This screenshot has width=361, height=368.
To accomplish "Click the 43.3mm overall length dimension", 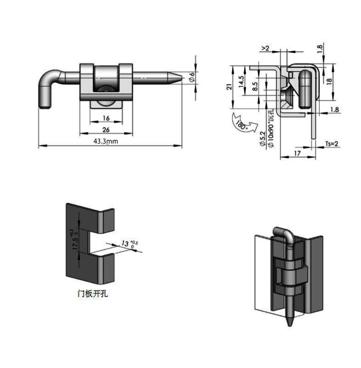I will point(106,141).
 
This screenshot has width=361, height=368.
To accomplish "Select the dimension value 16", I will point(106,118).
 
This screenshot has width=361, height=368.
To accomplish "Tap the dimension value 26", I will point(106,130).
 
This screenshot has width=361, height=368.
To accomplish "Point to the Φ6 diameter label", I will point(191,77).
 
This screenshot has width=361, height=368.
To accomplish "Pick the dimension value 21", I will point(229,87).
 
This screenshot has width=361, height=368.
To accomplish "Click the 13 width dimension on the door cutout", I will point(125,244).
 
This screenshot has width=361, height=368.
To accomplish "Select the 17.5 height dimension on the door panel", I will point(76,243).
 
